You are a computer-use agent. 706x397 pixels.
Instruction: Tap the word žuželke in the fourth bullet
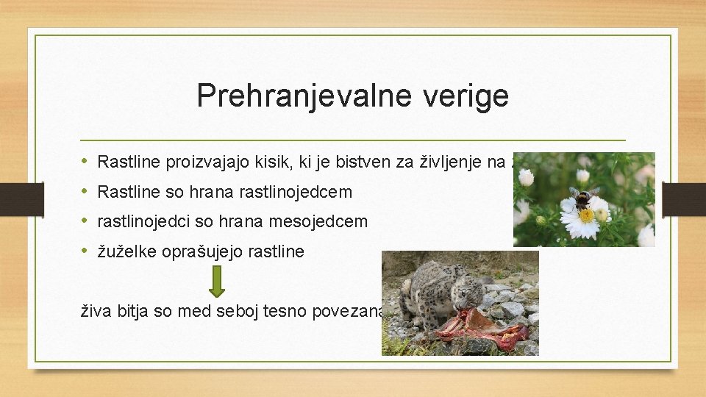124,251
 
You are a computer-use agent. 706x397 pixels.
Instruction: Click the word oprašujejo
198,251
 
